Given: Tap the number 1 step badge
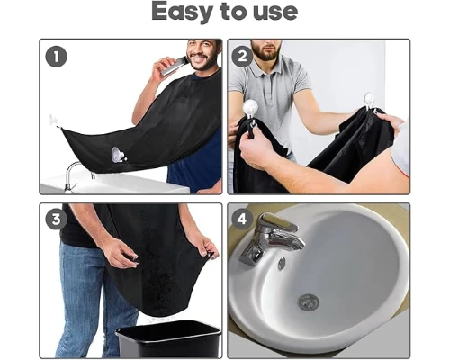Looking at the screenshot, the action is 56,57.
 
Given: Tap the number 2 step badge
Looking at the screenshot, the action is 242,57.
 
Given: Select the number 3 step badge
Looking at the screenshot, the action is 56,219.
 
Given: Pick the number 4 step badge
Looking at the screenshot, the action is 242,219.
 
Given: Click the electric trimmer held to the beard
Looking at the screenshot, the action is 174,67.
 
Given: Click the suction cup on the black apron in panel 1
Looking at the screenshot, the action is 118,155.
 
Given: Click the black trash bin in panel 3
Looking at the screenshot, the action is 169,339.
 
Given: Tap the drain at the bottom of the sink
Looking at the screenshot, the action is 308,302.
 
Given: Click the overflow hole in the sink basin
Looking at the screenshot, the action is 282,264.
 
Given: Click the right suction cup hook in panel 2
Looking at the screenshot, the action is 368,102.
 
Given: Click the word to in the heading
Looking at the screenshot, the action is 233,12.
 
